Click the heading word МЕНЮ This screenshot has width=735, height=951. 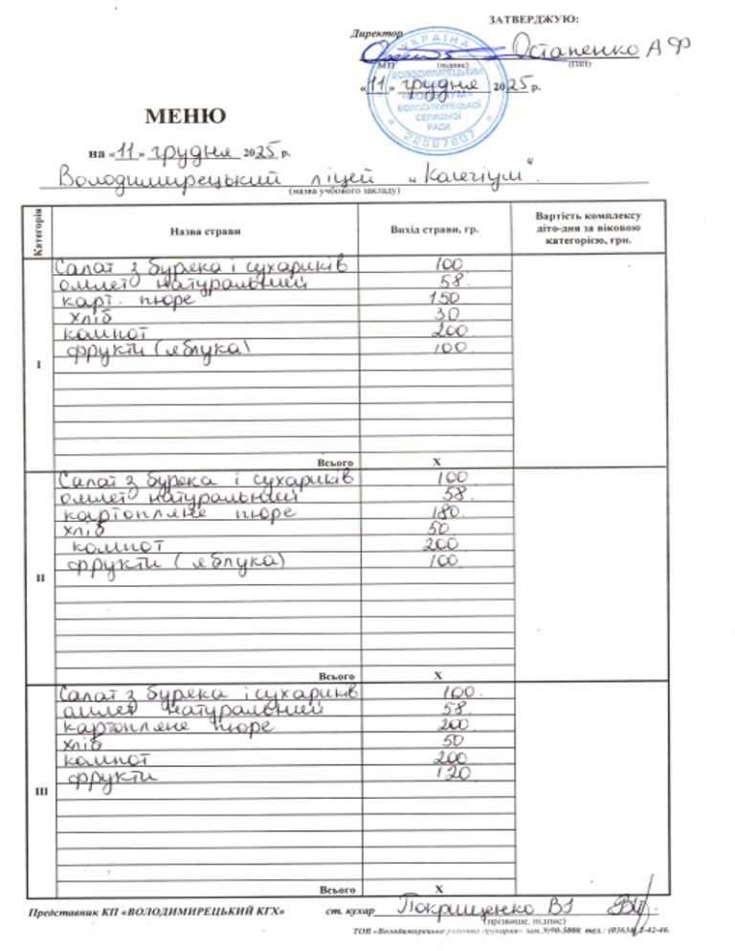tap(186, 116)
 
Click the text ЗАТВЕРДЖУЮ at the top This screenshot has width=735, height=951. tap(533, 18)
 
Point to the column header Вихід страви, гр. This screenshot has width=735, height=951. tap(434, 230)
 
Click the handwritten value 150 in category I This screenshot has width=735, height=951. tap(443, 299)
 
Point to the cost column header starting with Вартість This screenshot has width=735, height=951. tap(589, 229)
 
